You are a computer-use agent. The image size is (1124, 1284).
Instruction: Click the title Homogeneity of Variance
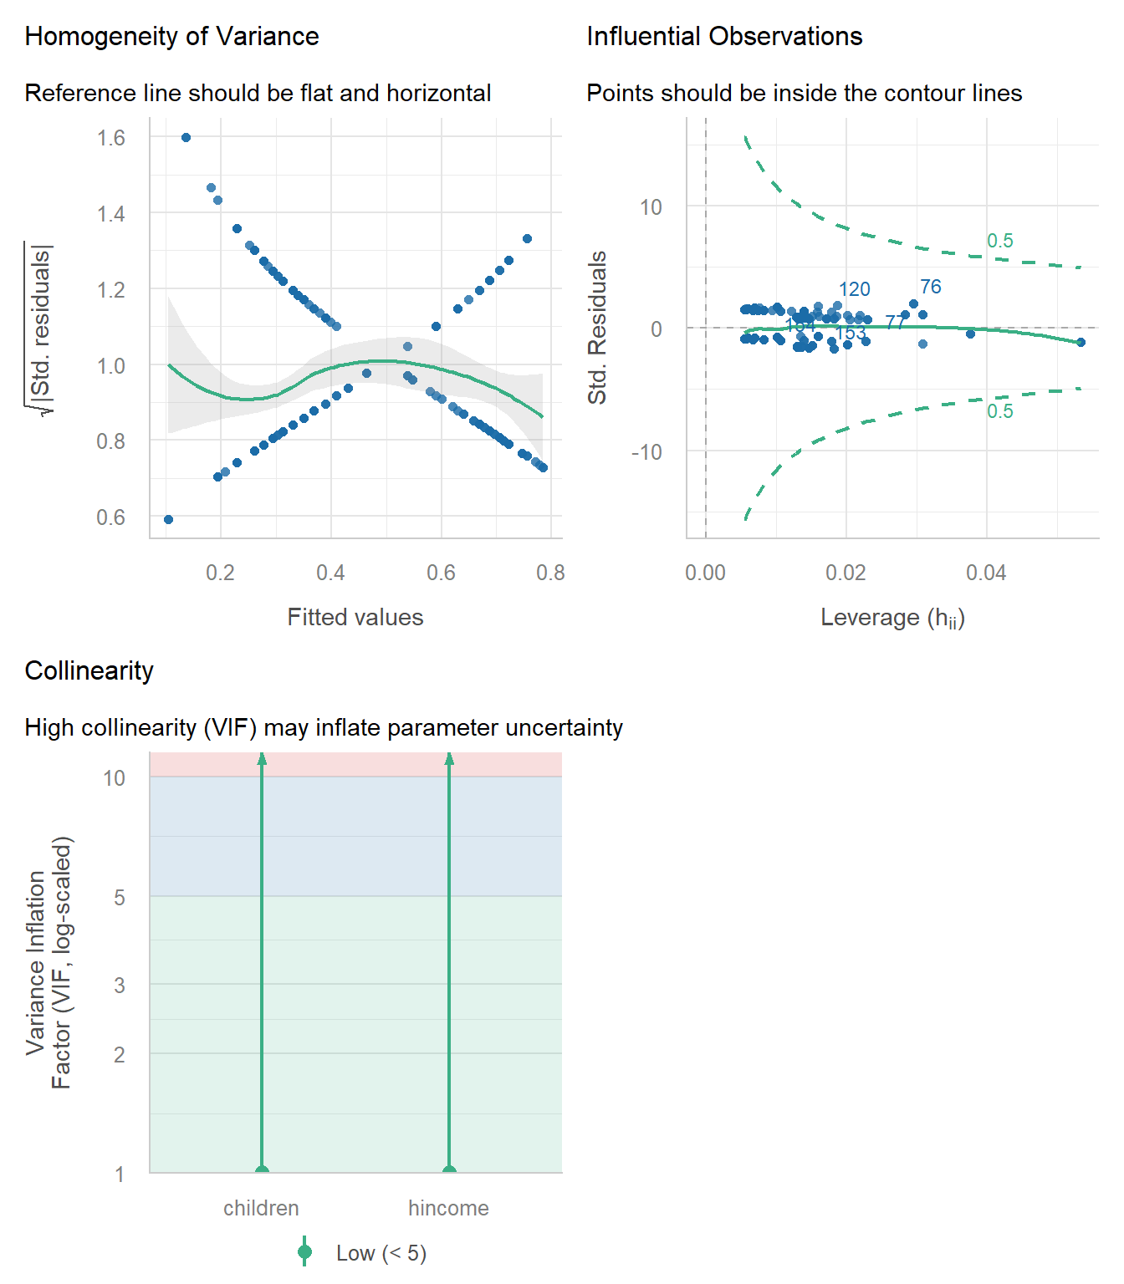coord(171,36)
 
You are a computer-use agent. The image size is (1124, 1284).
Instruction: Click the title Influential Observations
coord(724,36)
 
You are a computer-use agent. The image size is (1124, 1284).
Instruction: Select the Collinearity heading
coord(89,670)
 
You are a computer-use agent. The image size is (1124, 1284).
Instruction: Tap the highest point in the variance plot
coord(186,137)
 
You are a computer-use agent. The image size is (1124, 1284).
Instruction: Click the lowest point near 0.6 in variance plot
coord(168,519)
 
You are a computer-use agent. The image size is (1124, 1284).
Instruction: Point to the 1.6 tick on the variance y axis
coord(111,138)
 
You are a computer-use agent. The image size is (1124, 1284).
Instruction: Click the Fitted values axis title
coord(355,617)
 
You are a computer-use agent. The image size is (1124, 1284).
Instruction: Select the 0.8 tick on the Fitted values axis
coord(550,573)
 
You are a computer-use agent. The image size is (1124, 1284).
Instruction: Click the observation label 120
coord(854,289)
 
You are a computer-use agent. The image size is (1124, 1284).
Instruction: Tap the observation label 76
coord(930,287)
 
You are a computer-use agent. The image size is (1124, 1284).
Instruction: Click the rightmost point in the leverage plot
coord(1081,342)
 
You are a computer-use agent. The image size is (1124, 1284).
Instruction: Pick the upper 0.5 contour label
coord(999,241)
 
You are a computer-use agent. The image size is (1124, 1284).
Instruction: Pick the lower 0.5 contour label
coord(999,411)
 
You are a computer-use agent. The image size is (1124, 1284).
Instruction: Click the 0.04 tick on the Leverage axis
coord(986,573)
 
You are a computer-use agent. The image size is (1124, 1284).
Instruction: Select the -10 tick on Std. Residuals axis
coord(646,452)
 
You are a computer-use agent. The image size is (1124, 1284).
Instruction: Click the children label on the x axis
coord(261,1208)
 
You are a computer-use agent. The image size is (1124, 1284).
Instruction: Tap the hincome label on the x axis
coord(448,1208)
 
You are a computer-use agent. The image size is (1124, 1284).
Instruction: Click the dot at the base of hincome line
coord(449,1171)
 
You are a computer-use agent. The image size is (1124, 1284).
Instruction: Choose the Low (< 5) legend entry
coord(381,1253)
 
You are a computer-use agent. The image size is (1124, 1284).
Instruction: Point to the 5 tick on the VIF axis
coord(120,897)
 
